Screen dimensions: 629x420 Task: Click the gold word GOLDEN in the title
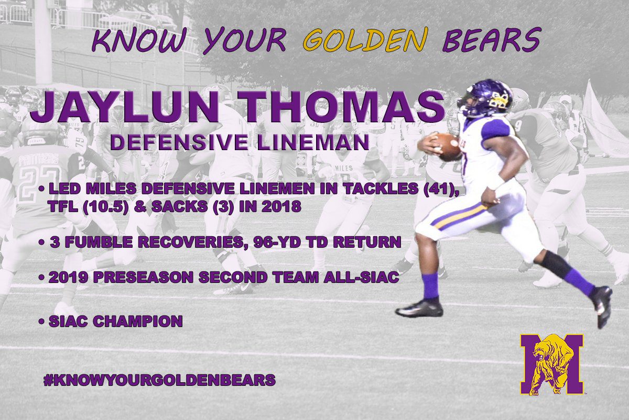point(366,40)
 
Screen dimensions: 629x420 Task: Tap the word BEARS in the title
point(492,40)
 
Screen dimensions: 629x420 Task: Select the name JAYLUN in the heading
point(124,107)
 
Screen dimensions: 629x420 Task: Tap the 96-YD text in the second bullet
point(277,242)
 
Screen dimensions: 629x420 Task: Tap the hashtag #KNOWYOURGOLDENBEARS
point(159,380)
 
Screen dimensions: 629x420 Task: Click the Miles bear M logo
point(552,364)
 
